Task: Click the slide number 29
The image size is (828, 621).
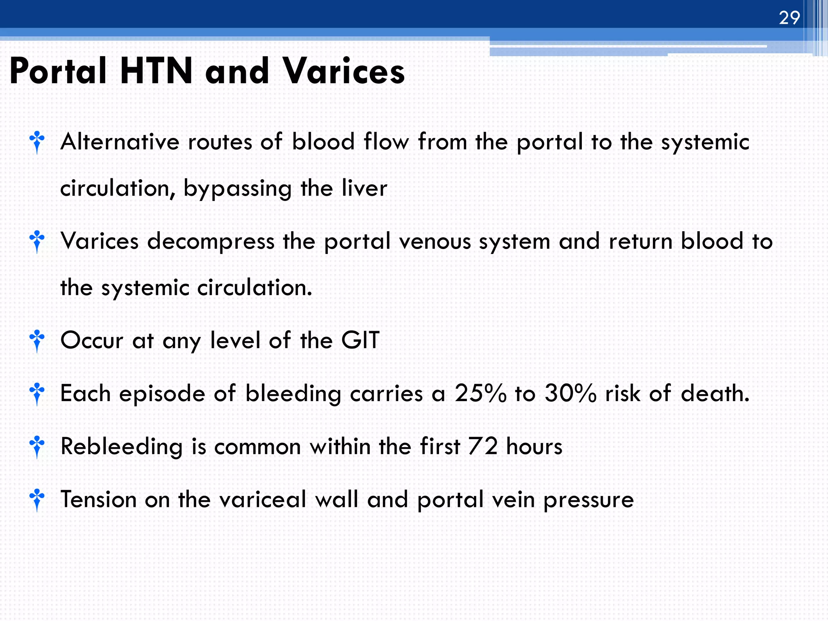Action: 789,18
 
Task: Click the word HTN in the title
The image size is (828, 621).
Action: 156,71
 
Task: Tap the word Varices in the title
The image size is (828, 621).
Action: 343,71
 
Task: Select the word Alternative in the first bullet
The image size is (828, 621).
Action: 120,142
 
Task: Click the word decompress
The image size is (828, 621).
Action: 211,241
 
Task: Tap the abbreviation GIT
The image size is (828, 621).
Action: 360,340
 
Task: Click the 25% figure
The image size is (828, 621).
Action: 480,393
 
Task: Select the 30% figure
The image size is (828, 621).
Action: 570,393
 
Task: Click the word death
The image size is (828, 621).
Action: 715,393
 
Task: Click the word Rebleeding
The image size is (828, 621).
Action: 121,446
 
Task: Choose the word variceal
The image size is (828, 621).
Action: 263,499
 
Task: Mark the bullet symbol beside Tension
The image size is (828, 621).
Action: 37,500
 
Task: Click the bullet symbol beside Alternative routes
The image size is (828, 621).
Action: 37,142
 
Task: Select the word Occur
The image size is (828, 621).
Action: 91,340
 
